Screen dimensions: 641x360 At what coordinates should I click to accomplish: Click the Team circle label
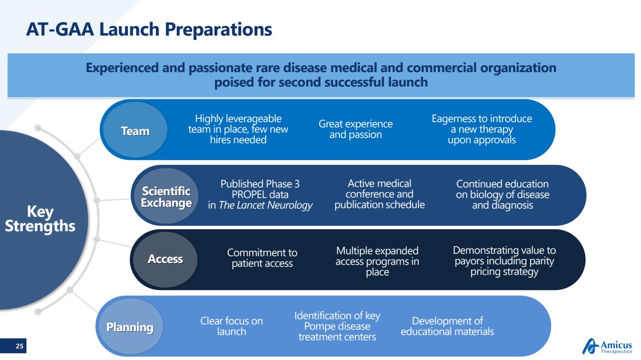pos(135,131)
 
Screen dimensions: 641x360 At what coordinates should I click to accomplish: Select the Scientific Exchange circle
pos(166,196)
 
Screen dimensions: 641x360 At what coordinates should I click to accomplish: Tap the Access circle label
pos(165,259)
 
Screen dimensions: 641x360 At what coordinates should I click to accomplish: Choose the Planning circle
pos(130,326)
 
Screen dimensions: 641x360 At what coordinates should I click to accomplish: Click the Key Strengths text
pos(40,219)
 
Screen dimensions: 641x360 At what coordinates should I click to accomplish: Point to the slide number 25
pos(19,346)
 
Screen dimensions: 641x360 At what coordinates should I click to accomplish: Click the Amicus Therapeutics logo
pos(607,346)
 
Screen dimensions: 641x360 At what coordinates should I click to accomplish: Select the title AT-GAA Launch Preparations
pos(149,29)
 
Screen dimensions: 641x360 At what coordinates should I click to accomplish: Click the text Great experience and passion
pos(356,129)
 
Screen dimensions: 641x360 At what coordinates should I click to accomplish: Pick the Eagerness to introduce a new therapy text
pos(482,129)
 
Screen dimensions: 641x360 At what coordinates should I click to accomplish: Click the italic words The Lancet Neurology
pos(265,205)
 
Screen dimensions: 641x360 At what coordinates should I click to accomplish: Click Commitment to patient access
pos(262,258)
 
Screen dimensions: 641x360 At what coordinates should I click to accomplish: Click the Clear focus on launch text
pos(231,326)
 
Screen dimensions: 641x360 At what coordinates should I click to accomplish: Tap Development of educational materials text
pos(447,326)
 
